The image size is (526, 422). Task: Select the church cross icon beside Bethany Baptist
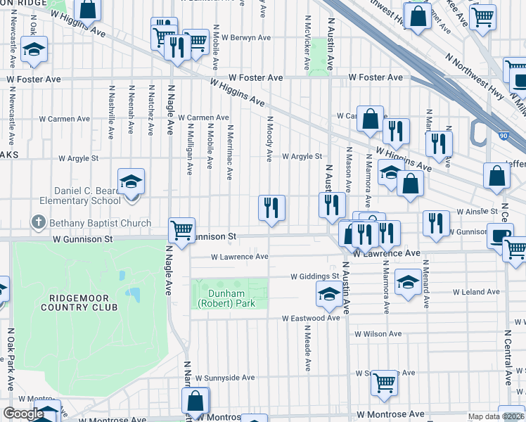[x=38, y=224]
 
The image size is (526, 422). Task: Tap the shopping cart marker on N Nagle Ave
[x=182, y=229]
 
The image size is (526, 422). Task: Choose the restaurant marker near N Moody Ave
[x=271, y=207]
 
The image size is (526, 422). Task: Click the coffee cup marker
[x=500, y=235]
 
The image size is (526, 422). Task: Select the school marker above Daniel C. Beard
[x=131, y=181]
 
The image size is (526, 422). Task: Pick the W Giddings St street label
[x=316, y=276]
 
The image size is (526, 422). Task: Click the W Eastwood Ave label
[x=311, y=318]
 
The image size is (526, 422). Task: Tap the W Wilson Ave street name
[x=378, y=334]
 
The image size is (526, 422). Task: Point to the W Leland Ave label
[x=476, y=291]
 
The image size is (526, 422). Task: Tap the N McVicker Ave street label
[x=307, y=44]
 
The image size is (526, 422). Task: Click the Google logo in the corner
[x=24, y=414]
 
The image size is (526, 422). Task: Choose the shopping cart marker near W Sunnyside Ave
[x=384, y=382]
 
